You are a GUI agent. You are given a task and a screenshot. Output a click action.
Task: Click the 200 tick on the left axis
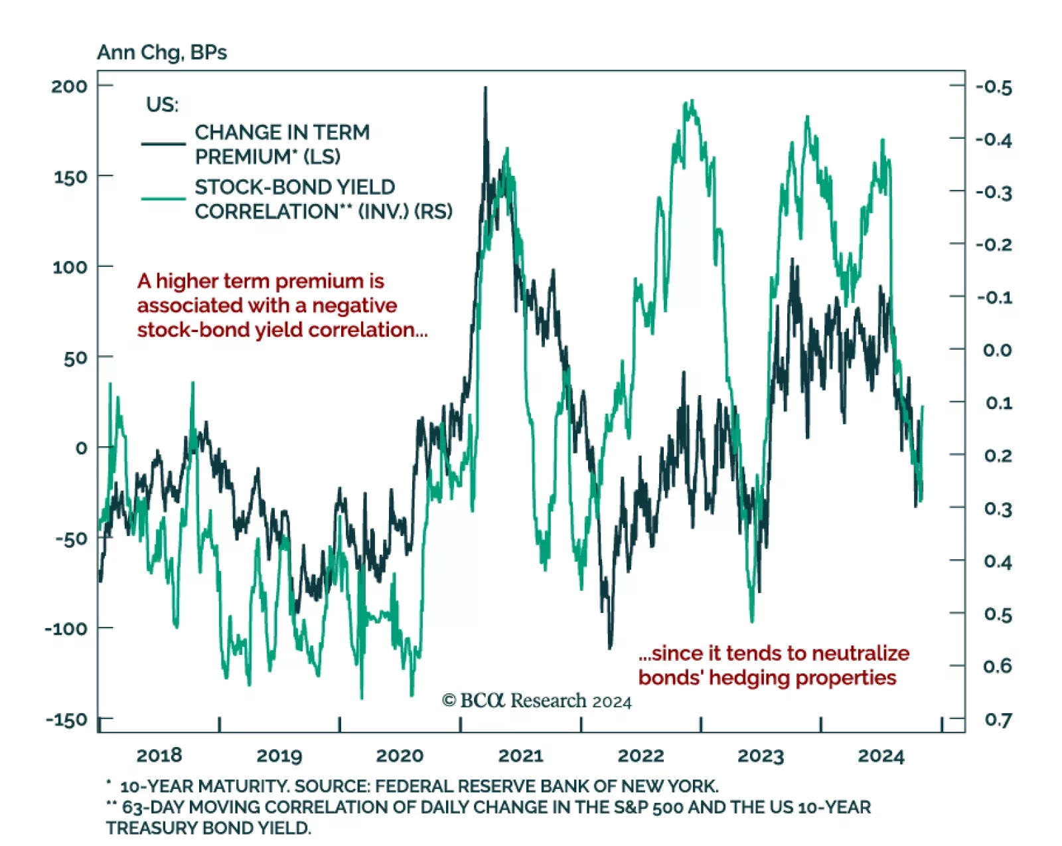coord(69,86)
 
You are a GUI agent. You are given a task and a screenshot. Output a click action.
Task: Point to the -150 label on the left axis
coord(66,719)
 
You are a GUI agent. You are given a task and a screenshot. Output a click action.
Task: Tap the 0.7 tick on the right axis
coord(998,719)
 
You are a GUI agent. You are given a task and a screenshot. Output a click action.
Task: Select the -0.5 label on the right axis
coord(994,87)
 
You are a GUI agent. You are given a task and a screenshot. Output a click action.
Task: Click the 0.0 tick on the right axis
coord(998,350)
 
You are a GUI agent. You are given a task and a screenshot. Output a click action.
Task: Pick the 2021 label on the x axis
coord(520,756)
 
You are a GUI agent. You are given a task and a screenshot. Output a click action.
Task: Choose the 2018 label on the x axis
coord(159,756)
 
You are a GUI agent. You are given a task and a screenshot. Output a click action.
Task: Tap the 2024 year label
coord(881,756)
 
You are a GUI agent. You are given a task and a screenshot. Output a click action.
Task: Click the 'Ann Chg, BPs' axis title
coord(162,52)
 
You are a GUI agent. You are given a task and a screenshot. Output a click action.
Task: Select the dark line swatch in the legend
coord(163,143)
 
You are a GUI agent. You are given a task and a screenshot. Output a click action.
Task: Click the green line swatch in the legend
coord(163,199)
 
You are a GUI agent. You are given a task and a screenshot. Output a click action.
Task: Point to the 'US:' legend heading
coord(162,105)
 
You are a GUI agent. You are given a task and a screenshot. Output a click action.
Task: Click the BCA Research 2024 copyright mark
coord(536,701)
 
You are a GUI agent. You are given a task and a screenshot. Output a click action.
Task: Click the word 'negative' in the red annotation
coord(354,305)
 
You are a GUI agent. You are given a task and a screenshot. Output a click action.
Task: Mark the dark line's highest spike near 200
coord(485,88)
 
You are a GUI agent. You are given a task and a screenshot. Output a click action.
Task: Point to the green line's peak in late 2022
coord(692,102)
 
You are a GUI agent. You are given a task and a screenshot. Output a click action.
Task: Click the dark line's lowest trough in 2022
coord(610,647)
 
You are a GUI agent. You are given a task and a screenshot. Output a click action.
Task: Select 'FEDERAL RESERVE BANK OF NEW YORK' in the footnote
coord(546,786)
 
